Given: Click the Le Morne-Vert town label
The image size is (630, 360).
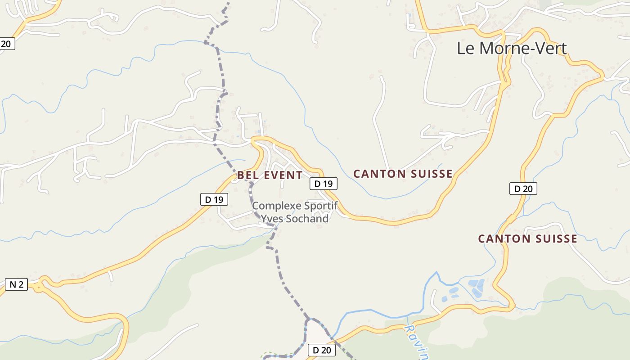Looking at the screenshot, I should click(x=512, y=48).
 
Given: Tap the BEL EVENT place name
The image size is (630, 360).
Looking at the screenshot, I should click(x=270, y=175).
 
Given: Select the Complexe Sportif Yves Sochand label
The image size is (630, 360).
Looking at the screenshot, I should click(x=295, y=212).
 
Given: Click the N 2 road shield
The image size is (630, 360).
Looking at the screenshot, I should click(x=16, y=284).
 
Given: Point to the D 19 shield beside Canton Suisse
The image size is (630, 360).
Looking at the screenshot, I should click(x=323, y=184).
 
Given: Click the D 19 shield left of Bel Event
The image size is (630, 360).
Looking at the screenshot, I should click(x=214, y=199).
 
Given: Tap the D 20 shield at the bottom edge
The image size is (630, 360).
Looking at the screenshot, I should click(x=322, y=350).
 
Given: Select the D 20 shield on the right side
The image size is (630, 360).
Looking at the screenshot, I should click(x=523, y=189).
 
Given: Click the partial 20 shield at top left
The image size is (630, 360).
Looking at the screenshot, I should click(x=7, y=44).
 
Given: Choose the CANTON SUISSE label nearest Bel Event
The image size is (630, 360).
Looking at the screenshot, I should click(x=403, y=174).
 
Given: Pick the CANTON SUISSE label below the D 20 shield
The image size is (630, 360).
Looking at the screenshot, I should click(x=527, y=239).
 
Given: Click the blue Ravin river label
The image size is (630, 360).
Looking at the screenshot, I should click(x=417, y=342).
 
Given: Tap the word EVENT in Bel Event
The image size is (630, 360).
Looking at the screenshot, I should click(x=283, y=175).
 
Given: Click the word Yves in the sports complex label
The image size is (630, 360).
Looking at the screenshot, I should click(x=270, y=219).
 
